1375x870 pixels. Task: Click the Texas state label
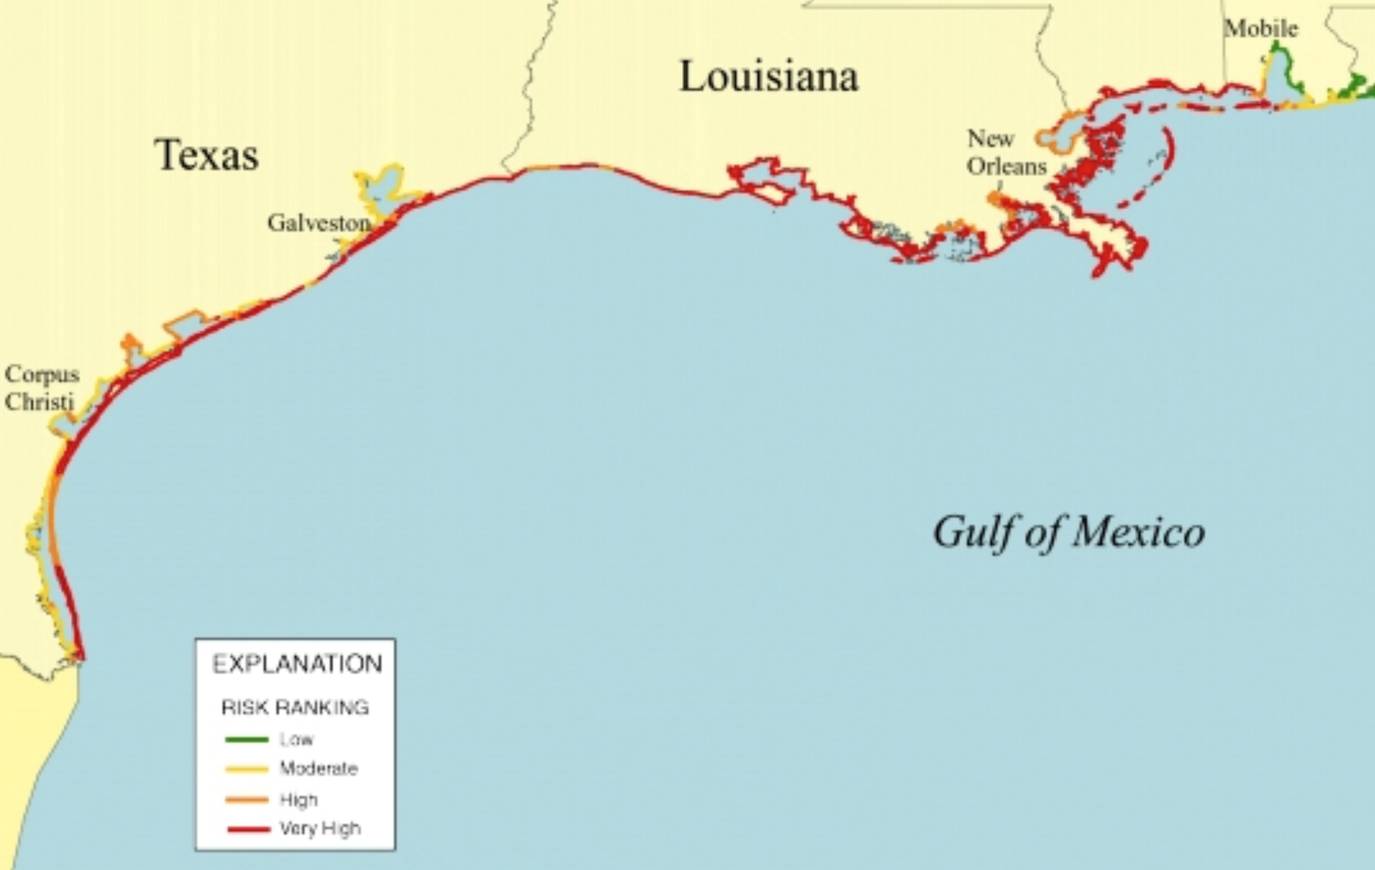tap(206, 155)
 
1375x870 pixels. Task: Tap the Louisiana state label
tap(769, 76)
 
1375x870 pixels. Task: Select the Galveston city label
tap(319, 223)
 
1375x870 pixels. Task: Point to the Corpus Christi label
tap(41, 388)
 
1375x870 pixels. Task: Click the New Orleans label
tap(1005, 153)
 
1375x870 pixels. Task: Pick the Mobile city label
tap(1260, 29)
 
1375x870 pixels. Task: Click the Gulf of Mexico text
tap(1068, 532)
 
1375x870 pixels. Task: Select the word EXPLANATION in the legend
tap(297, 664)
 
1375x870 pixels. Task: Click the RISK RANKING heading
tap(295, 708)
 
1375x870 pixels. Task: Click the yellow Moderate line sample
tap(246, 770)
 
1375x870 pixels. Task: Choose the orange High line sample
tap(246, 800)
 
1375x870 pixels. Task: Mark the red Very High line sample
tap(248, 830)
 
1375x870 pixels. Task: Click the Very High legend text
tap(320, 829)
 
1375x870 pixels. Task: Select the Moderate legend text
tap(319, 769)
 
